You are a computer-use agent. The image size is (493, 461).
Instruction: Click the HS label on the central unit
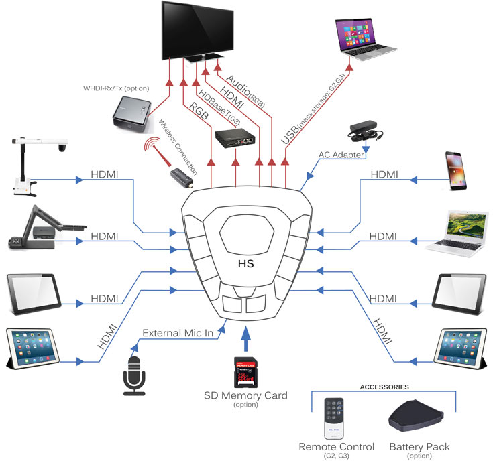246,263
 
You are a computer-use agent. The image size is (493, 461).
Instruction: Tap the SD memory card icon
246,371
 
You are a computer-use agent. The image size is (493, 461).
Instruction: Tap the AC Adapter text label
341,155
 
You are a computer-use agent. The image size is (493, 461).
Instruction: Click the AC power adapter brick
364,131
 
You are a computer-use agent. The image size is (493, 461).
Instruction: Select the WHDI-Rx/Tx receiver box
132,113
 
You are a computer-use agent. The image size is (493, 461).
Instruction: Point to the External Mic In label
178,332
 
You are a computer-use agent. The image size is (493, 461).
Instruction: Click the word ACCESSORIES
384,387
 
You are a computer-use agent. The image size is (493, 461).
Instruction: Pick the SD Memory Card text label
245,395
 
